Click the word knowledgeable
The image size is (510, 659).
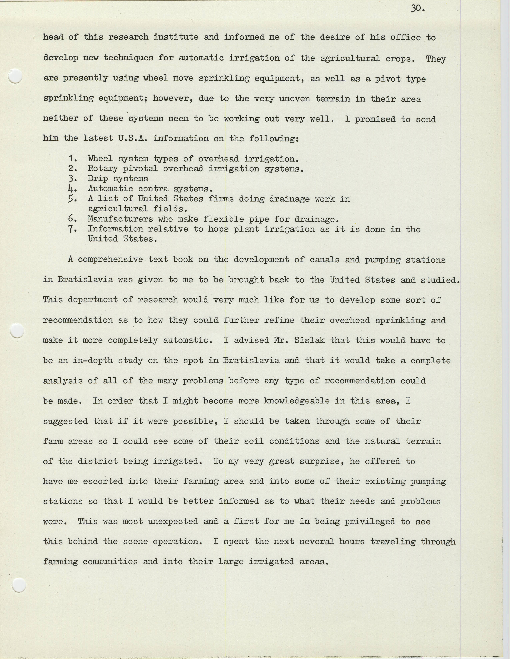coord(297,401)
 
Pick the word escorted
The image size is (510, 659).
coord(103,481)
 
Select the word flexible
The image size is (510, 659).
coord(223,219)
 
